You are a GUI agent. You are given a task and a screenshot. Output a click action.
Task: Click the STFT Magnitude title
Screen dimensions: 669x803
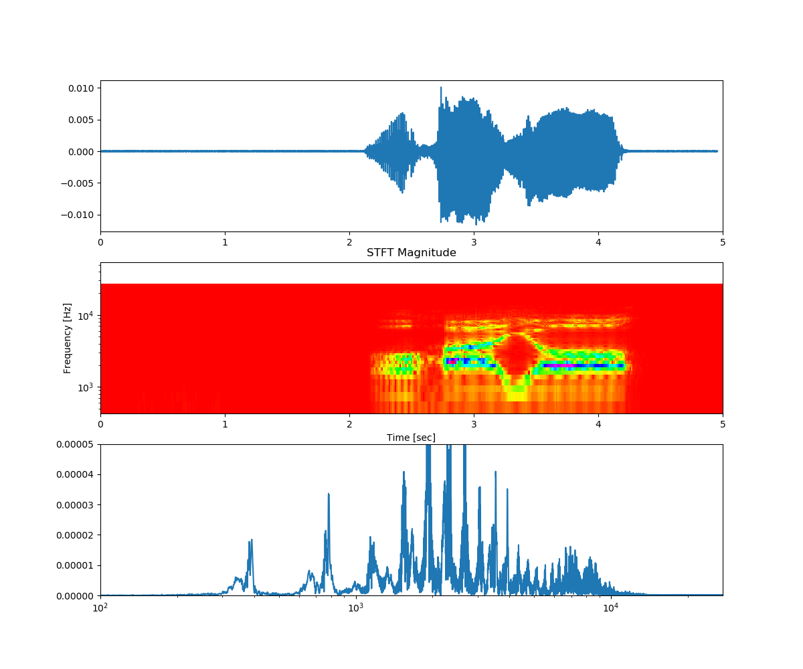click(411, 253)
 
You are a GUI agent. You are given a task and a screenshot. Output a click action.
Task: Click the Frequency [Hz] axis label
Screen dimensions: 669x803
click(68, 338)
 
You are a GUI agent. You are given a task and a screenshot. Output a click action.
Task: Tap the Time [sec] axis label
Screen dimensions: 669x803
click(411, 438)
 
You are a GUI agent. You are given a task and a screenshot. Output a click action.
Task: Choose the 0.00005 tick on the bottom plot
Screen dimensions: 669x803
click(74, 444)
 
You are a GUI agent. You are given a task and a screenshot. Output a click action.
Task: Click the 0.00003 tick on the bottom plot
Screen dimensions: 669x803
click(74, 504)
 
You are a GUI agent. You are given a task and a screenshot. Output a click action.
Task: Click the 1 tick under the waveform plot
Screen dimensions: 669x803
click(225, 242)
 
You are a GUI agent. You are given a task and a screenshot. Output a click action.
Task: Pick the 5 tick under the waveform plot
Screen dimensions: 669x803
click(723, 242)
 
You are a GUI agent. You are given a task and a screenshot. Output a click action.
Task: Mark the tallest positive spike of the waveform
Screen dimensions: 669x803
click(441, 88)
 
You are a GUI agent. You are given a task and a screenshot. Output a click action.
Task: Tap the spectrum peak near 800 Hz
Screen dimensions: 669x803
click(329, 494)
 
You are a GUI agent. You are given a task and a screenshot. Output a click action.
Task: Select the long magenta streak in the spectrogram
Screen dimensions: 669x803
click(575, 365)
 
